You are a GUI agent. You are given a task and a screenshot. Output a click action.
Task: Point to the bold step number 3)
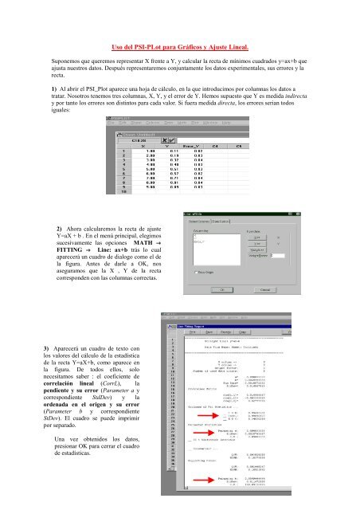[31, 350]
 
